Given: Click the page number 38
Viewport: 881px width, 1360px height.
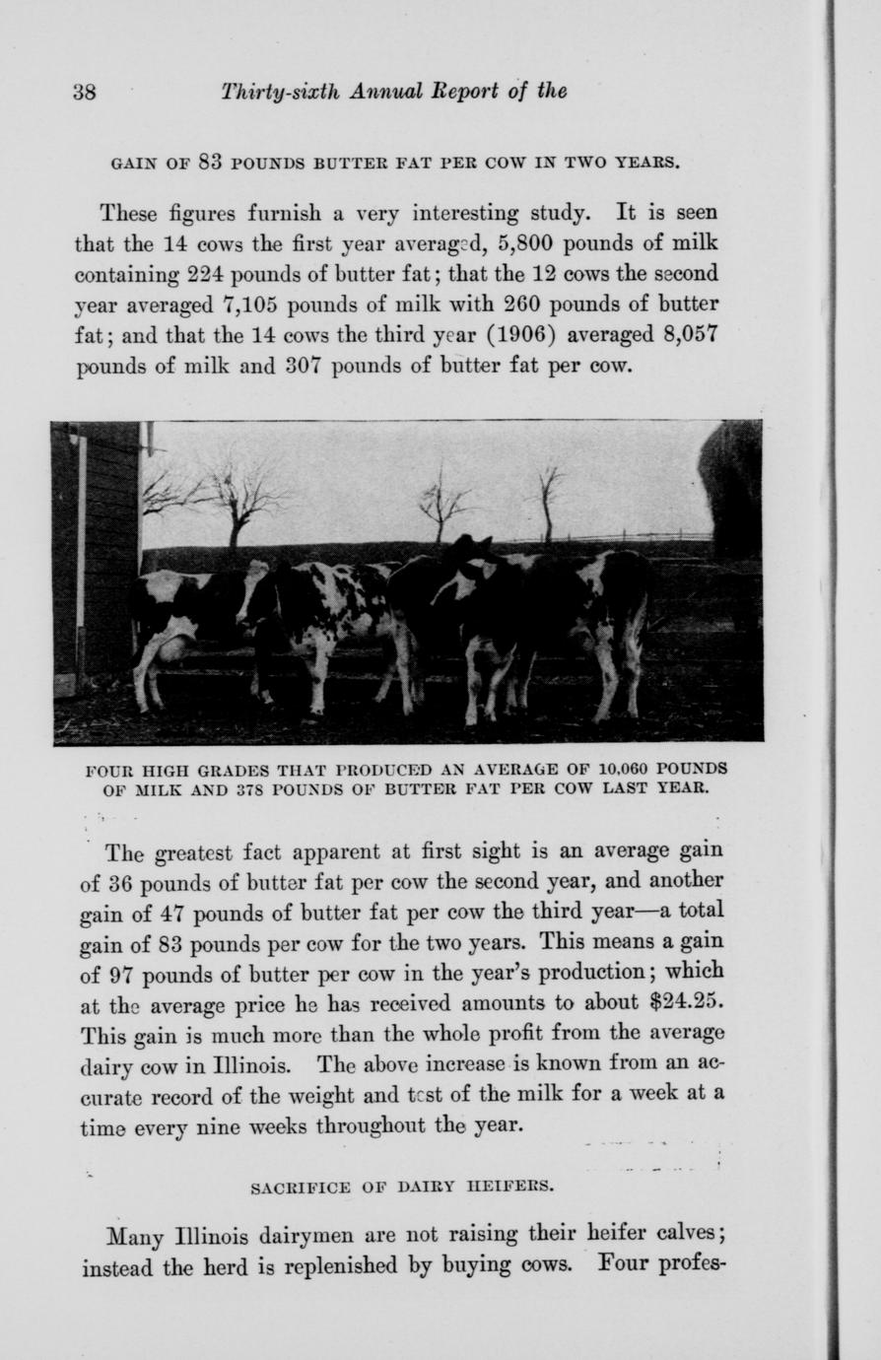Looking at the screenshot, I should pos(84,93).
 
